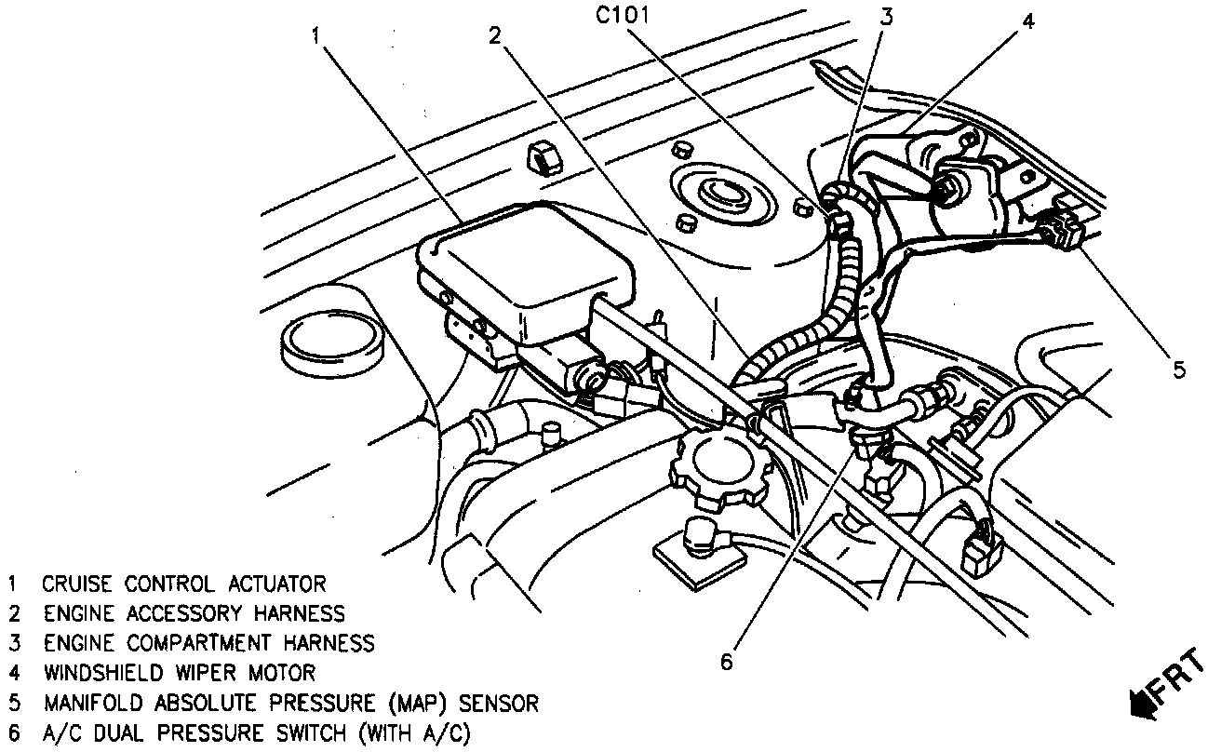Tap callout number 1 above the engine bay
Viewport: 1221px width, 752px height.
pyautogui.click(x=317, y=35)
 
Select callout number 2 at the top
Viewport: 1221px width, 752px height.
pyautogui.click(x=495, y=35)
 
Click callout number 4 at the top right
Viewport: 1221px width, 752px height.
pyautogui.click(x=1026, y=23)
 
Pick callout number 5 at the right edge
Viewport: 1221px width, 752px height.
pyautogui.click(x=1179, y=370)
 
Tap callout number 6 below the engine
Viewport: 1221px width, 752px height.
pyautogui.click(x=727, y=661)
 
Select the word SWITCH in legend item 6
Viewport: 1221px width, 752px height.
pyautogui.click(x=297, y=732)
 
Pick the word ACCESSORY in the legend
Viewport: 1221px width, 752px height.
pyautogui.click(x=183, y=613)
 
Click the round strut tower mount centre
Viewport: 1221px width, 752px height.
pyautogui.click(x=718, y=194)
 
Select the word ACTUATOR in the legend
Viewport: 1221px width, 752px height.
pyautogui.click(x=277, y=584)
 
